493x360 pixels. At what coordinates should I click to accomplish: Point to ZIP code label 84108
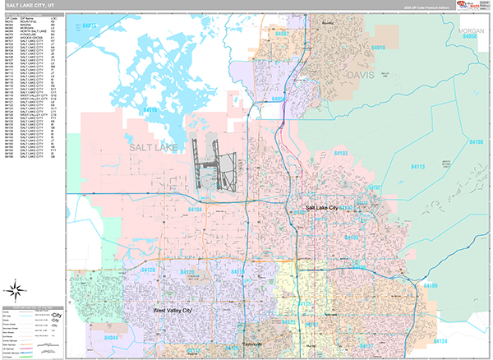[476, 142]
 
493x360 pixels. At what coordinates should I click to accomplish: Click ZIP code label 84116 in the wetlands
[150, 109]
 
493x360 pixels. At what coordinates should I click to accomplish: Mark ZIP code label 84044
[112, 337]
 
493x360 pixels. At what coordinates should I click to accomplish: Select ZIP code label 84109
[430, 285]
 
